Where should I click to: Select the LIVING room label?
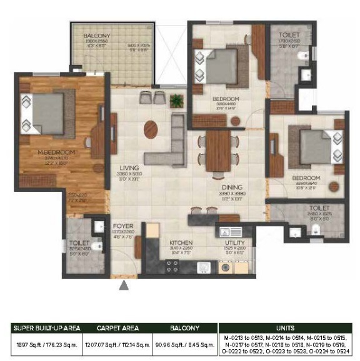pyautogui.click(x=129, y=168)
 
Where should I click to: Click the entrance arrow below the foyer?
pyautogui.click(x=124, y=285)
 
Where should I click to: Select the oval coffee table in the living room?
pyautogui.click(x=152, y=130)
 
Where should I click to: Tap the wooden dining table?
pyautogui.click(x=219, y=150)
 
